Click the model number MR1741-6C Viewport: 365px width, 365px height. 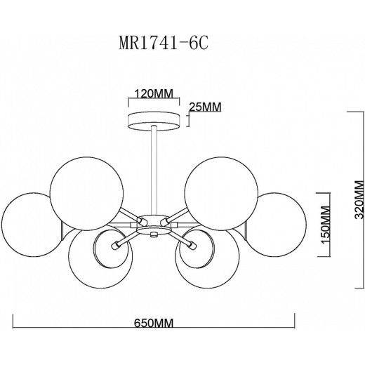tap(164, 43)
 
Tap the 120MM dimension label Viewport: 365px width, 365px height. tap(154, 93)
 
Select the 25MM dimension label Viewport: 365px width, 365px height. tap(205, 107)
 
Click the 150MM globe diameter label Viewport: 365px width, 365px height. tap(325, 225)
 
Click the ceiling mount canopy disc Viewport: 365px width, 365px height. tap(154, 121)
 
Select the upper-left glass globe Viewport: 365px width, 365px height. tap(86, 194)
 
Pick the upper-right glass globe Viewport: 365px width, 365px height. tap(221, 194)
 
